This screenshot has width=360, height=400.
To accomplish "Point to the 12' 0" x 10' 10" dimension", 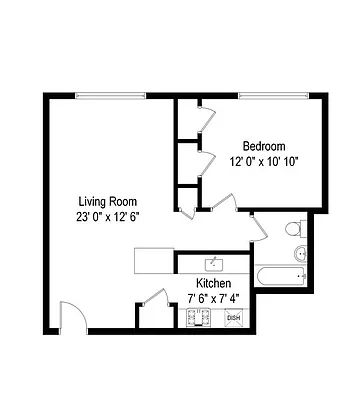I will click(264, 160).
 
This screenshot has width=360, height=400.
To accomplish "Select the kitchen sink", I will click(213, 264).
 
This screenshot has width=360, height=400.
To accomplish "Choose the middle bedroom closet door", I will click(205, 160).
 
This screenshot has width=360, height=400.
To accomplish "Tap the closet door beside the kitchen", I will click(155, 296).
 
